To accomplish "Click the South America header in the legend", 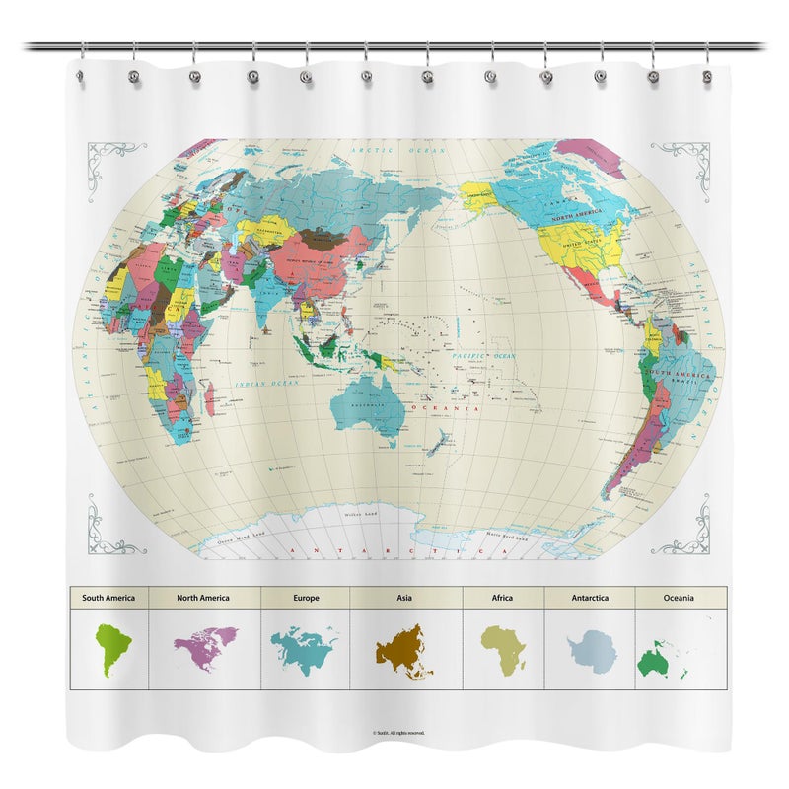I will click(108, 598).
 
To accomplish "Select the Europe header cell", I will click(306, 598).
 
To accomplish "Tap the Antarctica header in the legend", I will click(590, 598).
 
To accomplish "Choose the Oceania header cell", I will click(680, 598).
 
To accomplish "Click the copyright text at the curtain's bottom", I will click(398, 733).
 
